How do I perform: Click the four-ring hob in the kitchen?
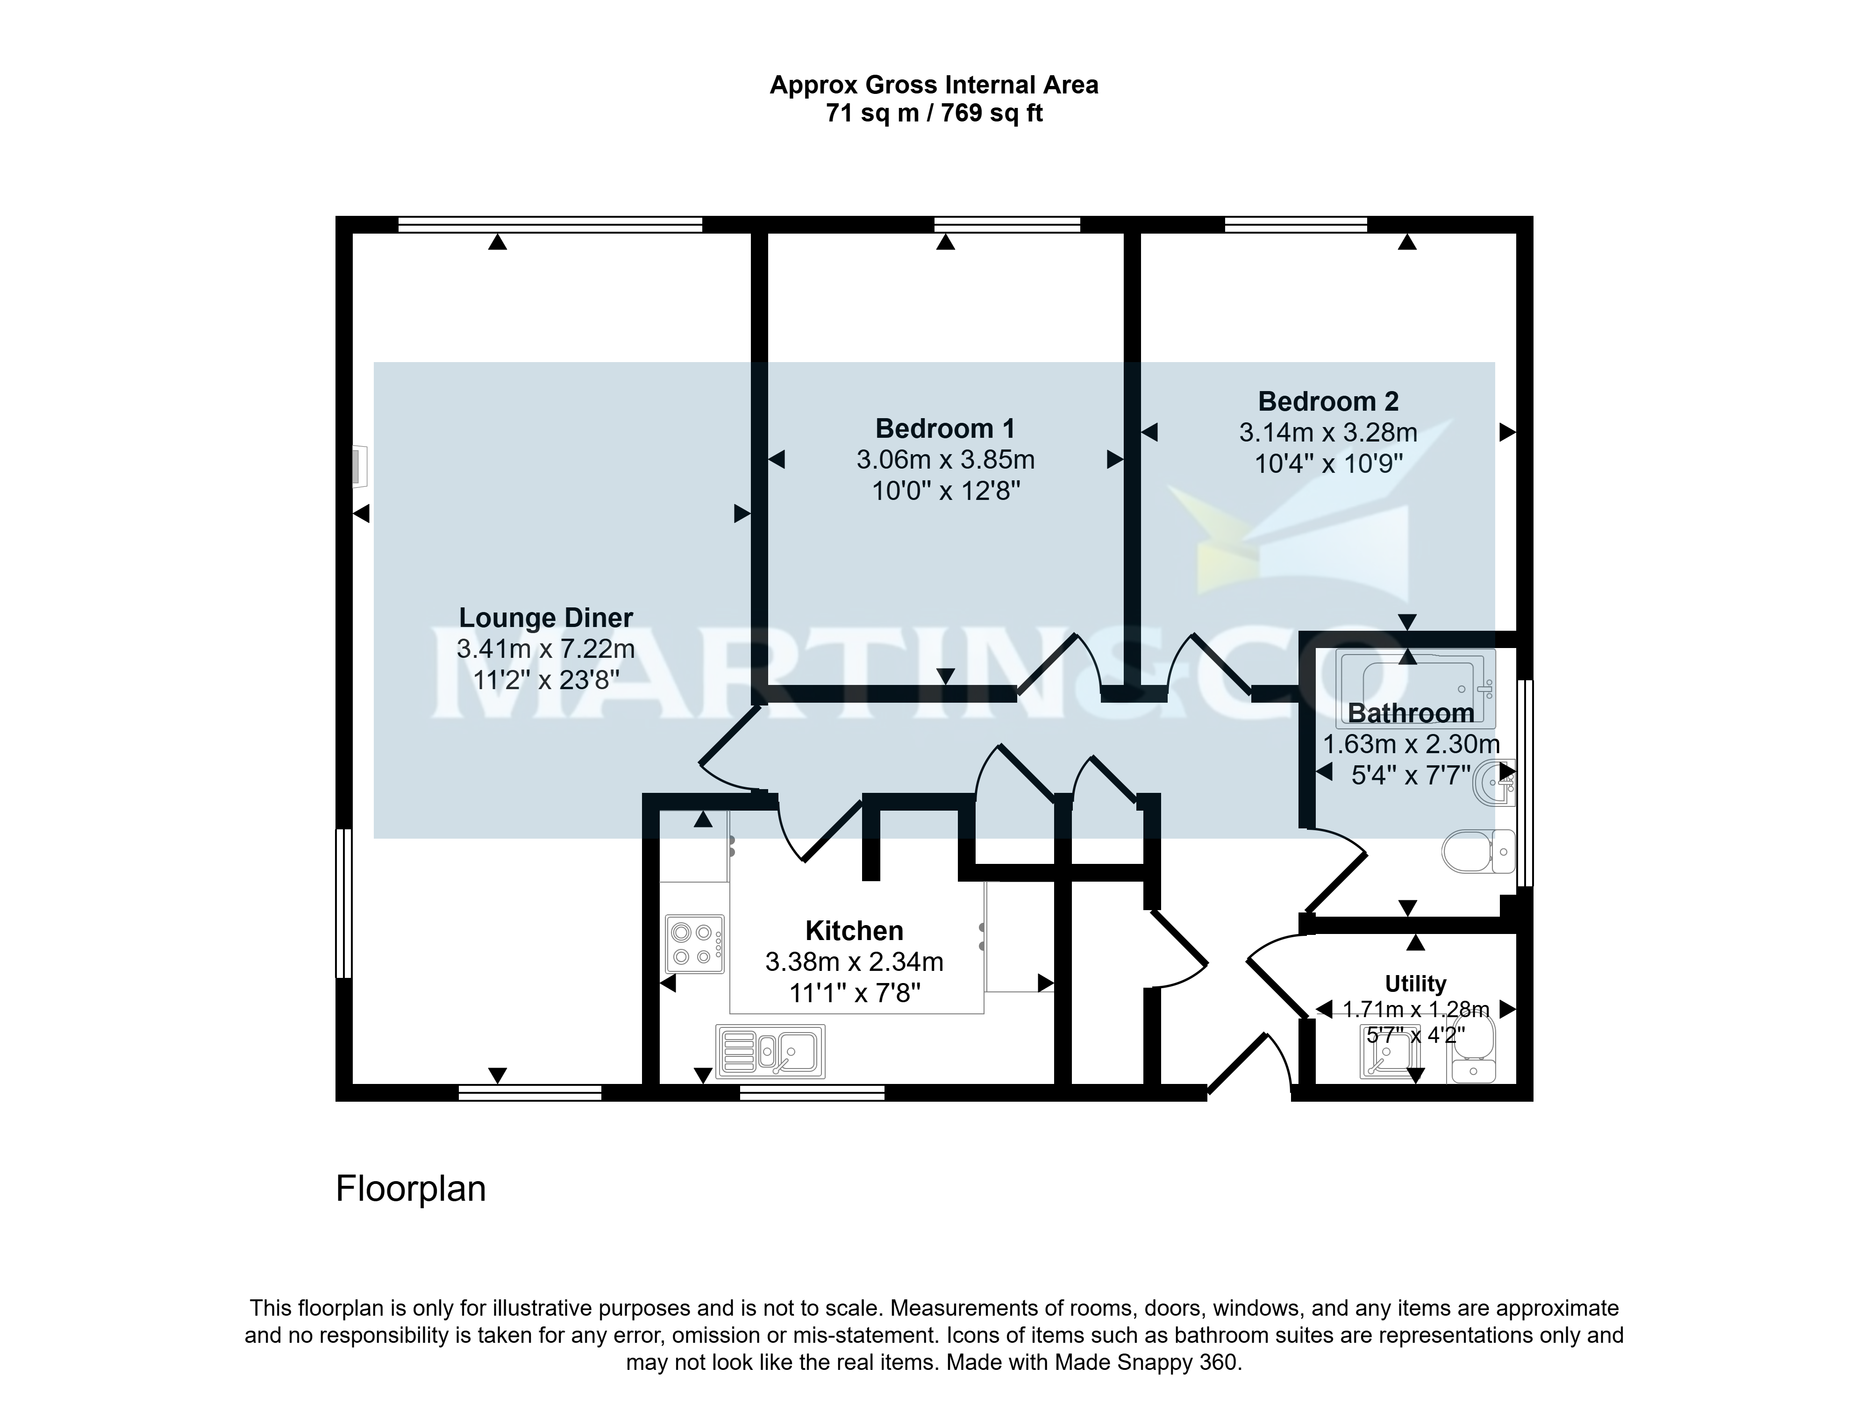[x=694, y=944]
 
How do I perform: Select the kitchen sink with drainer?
[x=770, y=1051]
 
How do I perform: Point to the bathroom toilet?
[x=1479, y=851]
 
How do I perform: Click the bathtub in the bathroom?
[x=1415, y=689]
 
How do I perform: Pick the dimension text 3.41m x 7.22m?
[x=546, y=649]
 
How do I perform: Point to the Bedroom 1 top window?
[x=1007, y=225]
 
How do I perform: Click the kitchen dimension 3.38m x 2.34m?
[x=854, y=962]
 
